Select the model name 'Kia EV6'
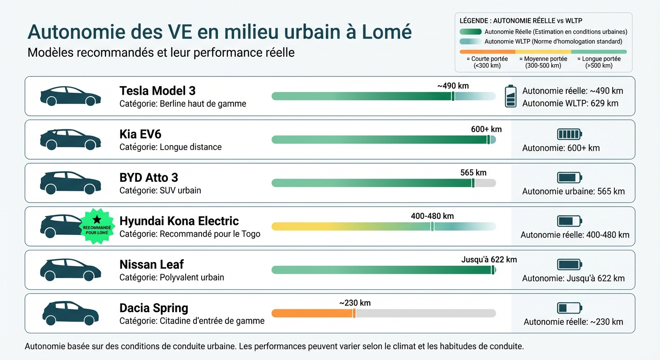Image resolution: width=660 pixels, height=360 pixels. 140,135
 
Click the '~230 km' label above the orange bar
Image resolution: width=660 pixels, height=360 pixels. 355,303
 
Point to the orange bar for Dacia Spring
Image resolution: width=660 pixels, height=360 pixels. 312,313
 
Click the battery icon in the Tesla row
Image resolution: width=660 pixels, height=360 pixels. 510,96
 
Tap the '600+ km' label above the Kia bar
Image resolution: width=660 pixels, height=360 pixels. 486,129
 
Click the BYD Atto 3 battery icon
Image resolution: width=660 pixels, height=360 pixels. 569,178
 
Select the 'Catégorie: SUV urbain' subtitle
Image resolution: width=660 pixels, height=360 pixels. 160,190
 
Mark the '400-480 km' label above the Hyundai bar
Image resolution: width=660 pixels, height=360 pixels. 432,216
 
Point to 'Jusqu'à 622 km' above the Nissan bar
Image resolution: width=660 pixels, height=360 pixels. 489,260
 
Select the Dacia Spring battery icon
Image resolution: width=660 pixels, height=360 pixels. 569,308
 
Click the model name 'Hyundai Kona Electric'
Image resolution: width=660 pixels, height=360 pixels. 179,221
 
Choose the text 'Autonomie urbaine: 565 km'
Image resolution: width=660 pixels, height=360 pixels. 573,191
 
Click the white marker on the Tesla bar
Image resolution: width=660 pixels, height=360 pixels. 453,96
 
